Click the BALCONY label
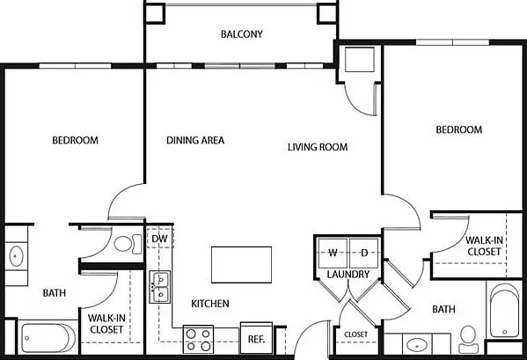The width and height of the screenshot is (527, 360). tap(242, 34)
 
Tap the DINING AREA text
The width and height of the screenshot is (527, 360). tap(195, 140)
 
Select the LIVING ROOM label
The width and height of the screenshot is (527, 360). tap(318, 147)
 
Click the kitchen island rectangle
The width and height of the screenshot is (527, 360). tap(241, 265)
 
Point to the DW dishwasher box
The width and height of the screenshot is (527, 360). tap(159, 239)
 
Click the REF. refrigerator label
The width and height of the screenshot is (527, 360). tap(256, 339)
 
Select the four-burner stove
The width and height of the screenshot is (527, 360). tap(198, 340)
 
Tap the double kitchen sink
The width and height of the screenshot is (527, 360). tap(160, 287)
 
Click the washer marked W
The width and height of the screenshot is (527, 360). tap(333, 253)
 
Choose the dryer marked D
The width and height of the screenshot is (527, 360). tap(364, 253)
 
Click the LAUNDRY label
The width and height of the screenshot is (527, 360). tap(348, 275)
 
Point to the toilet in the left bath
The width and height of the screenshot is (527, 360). tap(128, 244)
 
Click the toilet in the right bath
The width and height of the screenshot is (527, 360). tap(469, 339)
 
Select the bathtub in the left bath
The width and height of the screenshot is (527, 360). tap(48, 338)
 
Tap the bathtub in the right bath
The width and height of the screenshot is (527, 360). tap(504, 311)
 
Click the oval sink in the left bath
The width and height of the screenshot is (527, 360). tap(16, 256)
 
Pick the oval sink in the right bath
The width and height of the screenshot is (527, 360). tap(417, 345)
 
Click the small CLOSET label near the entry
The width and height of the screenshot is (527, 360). tap(356, 334)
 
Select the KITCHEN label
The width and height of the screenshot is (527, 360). tap(210, 304)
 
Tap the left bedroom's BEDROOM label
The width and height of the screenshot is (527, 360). tap(76, 140)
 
